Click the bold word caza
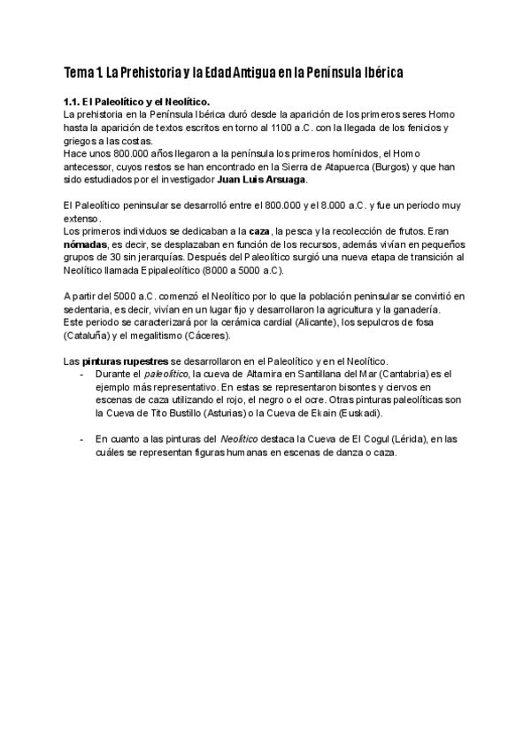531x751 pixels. tap(260, 231)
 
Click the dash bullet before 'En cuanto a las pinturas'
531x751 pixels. tap(82, 438)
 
